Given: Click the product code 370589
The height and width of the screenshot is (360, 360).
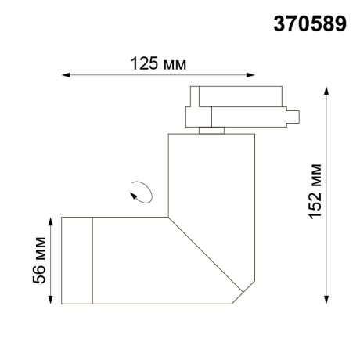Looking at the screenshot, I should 309,24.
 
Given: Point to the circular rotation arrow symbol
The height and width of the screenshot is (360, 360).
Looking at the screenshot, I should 141,191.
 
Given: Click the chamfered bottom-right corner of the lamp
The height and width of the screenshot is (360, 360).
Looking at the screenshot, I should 242,295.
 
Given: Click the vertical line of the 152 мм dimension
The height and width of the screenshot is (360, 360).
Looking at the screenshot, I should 326,235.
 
